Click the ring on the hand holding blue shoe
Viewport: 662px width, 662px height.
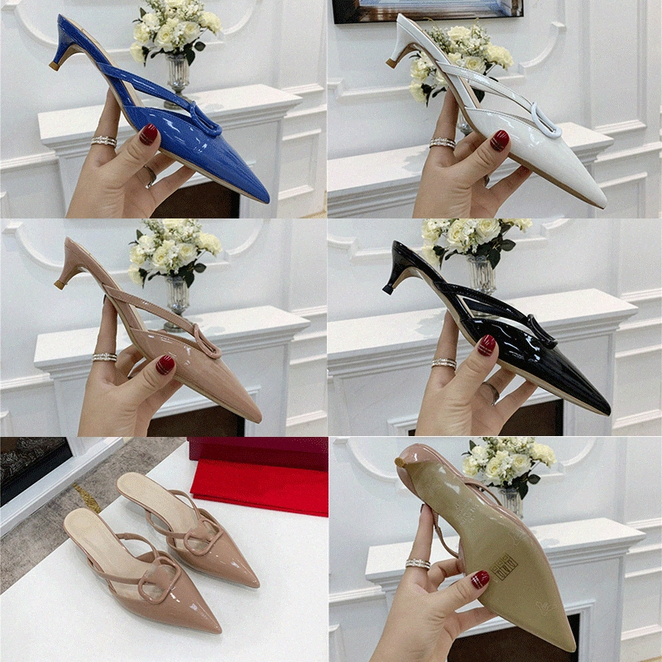(x=104, y=141)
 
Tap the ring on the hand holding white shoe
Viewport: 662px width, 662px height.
(x=443, y=143)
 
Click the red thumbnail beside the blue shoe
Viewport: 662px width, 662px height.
(x=149, y=134)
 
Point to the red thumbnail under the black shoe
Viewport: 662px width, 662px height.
(x=487, y=345)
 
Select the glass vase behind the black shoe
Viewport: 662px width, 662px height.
(x=479, y=273)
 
